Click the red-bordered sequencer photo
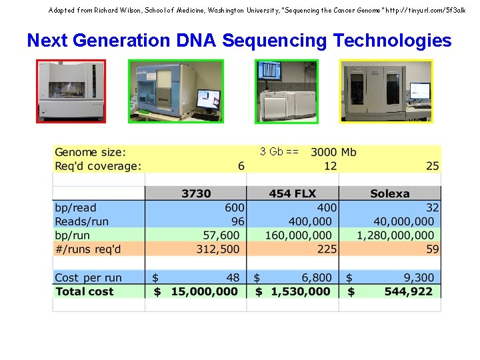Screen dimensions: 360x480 click(71, 91)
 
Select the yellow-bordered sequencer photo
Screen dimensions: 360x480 click(386, 91)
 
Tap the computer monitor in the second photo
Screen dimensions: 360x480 click(208, 99)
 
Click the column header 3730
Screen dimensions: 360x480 click(195, 194)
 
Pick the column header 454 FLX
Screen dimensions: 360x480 click(292, 194)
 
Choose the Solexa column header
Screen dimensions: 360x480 click(389, 194)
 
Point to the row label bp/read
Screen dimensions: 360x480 click(75, 208)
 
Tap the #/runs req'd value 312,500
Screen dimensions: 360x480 click(217, 249)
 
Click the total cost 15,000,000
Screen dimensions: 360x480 click(204, 291)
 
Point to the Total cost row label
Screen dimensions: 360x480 click(84, 291)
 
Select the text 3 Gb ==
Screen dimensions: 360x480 click(279, 151)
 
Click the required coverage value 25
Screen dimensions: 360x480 click(433, 166)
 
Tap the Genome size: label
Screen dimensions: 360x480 click(90, 152)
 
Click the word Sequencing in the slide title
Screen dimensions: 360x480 click(275, 41)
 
